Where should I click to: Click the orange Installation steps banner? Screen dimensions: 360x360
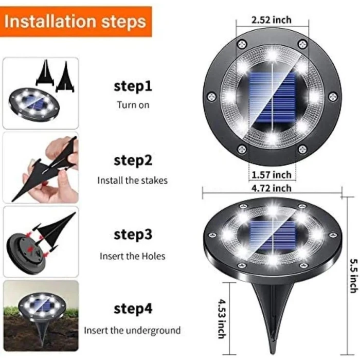(x=76, y=22)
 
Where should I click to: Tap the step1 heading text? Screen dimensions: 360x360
(x=133, y=86)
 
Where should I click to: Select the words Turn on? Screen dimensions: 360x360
(x=133, y=105)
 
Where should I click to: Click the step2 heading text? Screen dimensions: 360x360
(x=133, y=160)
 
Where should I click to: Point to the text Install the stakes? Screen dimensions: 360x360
(x=133, y=181)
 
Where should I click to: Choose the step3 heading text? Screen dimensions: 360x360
(x=133, y=235)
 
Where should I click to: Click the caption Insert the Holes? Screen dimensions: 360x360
(x=133, y=256)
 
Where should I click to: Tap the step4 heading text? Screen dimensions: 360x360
(x=133, y=309)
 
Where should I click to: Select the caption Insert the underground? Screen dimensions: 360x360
(x=132, y=331)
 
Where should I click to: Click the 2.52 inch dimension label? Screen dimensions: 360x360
(x=272, y=20)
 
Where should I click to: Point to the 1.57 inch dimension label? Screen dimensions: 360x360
(x=272, y=175)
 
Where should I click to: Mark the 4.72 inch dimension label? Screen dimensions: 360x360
(x=272, y=189)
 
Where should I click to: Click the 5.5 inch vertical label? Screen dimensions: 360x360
(x=354, y=276)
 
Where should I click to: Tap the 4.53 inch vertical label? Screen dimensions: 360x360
(x=222, y=319)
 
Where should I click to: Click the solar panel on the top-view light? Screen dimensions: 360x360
(x=272, y=98)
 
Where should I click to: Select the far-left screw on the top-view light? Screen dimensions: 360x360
(x=211, y=97)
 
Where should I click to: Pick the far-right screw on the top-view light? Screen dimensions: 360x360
(x=333, y=97)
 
